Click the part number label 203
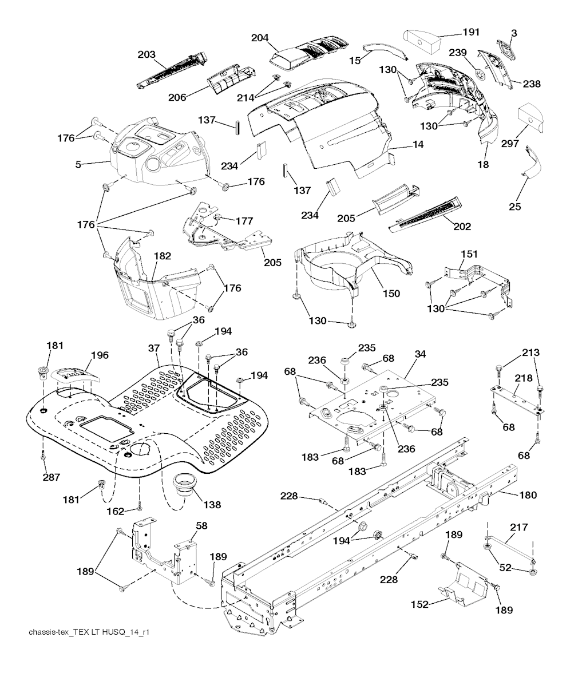click(x=146, y=54)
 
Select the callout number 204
click(x=260, y=38)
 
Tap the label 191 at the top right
click(x=471, y=32)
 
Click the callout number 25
click(x=514, y=207)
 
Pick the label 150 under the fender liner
click(x=391, y=294)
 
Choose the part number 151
click(x=469, y=254)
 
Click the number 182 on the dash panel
click(x=163, y=256)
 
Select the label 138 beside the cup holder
click(x=212, y=505)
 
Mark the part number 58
click(x=201, y=525)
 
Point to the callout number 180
click(x=528, y=495)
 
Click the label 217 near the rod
click(x=519, y=527)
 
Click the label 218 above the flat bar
click(x=523, y=378)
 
